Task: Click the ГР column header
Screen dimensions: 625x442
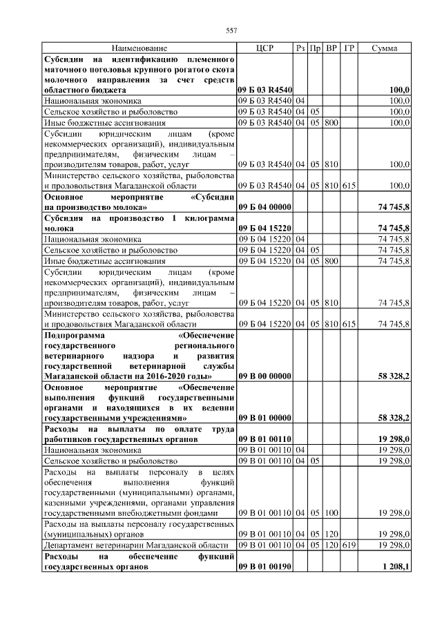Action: pyautogui.click(x=349, y=48)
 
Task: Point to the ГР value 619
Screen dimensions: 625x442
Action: pyautogui.click(x=349, y=545)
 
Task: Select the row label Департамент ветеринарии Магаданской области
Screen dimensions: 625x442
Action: pyautogui.click(x=136, y=545)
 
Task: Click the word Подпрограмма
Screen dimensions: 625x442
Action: pyautogui.click(x=75, y=335)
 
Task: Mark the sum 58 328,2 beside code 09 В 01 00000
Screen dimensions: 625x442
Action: pyautogui.click(x=394, y=418)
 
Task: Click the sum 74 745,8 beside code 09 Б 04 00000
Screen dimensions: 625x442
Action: pyautogui.click(x=394, y=206)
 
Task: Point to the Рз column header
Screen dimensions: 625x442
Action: pyautogui.click(x=300, y=48)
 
